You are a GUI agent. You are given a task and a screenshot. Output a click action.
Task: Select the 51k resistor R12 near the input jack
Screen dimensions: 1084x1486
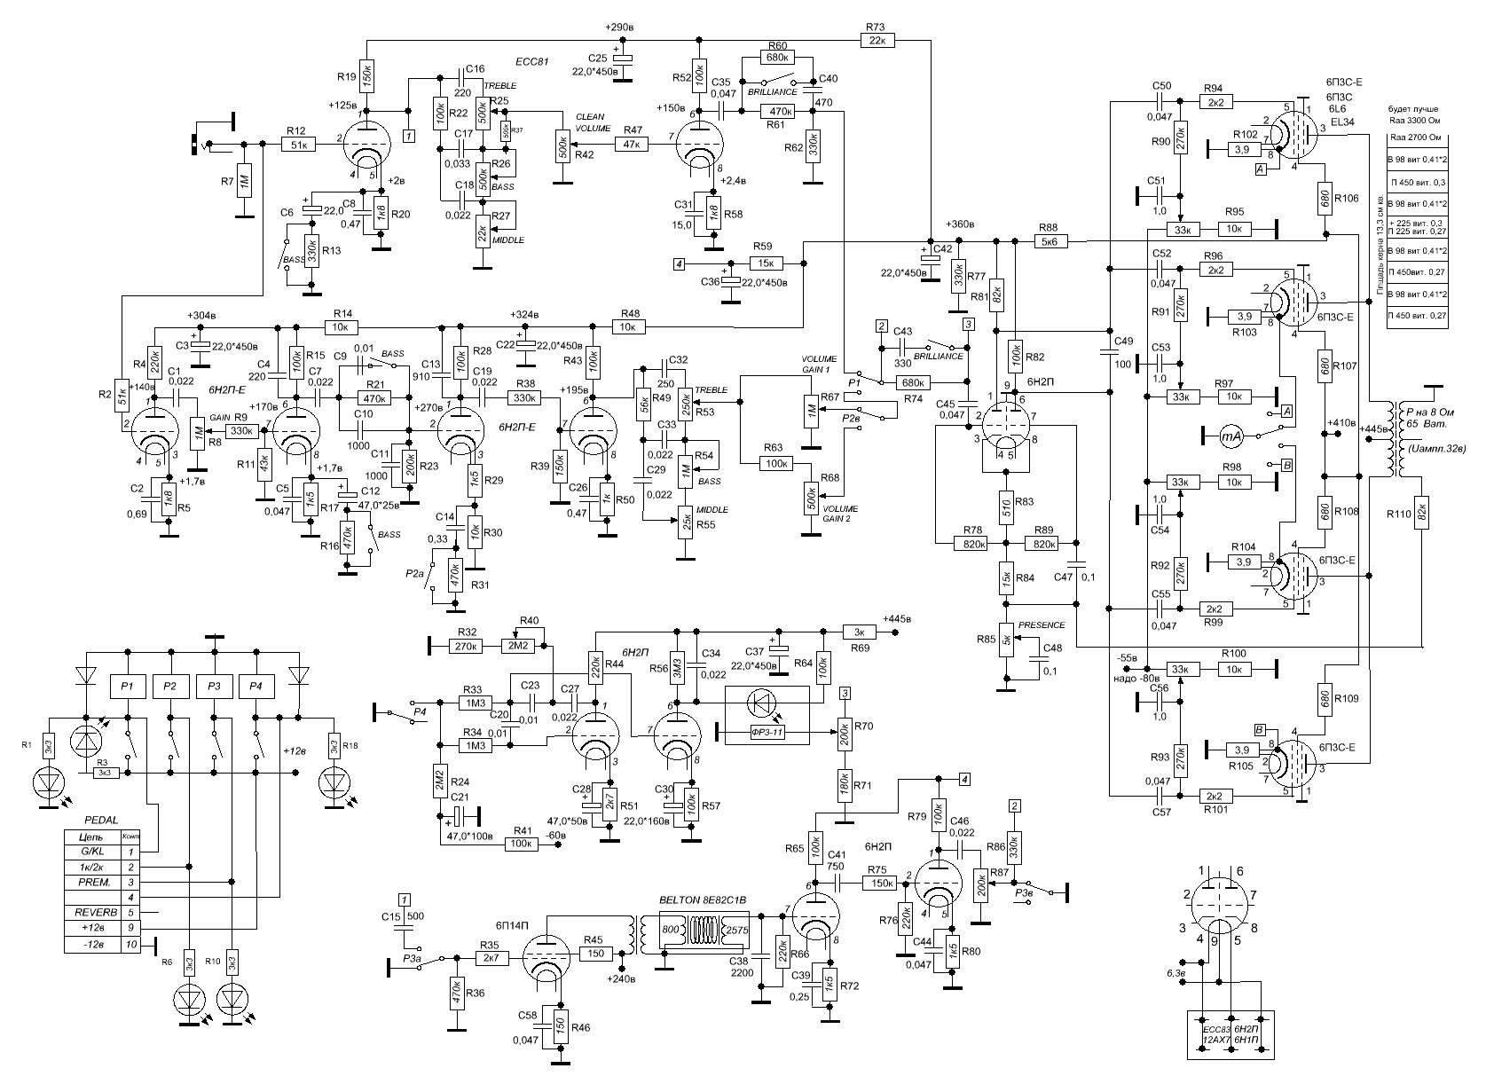pyautogui.click(x=299, y=145)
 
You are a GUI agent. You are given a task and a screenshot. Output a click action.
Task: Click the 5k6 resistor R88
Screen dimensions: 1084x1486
pyautogui.click(x=1049, y=240)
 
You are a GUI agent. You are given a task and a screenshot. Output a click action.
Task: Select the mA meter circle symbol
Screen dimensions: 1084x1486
pyautogui.click(x=1229, y=435)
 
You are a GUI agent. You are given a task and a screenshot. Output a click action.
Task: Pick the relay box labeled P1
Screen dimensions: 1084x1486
pyautogui.click(x=127, y=686)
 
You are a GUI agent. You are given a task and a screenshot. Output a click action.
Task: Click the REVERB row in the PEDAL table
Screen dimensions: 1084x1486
pyautogui.click(x=91, y=912)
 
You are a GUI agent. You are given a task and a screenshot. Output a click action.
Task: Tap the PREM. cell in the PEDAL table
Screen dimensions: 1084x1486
pyautogui.click(x=91, y=882)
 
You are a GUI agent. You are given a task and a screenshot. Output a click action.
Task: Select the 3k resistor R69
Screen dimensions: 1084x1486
pyautogui.click(x=859, y=632)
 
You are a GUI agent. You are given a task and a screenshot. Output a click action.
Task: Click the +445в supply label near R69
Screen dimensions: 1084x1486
pyautogui.click(x=898, y=618)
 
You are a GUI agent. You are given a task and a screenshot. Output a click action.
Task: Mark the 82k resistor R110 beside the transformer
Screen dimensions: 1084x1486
pyautogui.click(x=1421, y=513)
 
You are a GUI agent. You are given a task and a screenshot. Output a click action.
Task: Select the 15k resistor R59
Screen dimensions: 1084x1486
pyautogui.click(x=767, y=263)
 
